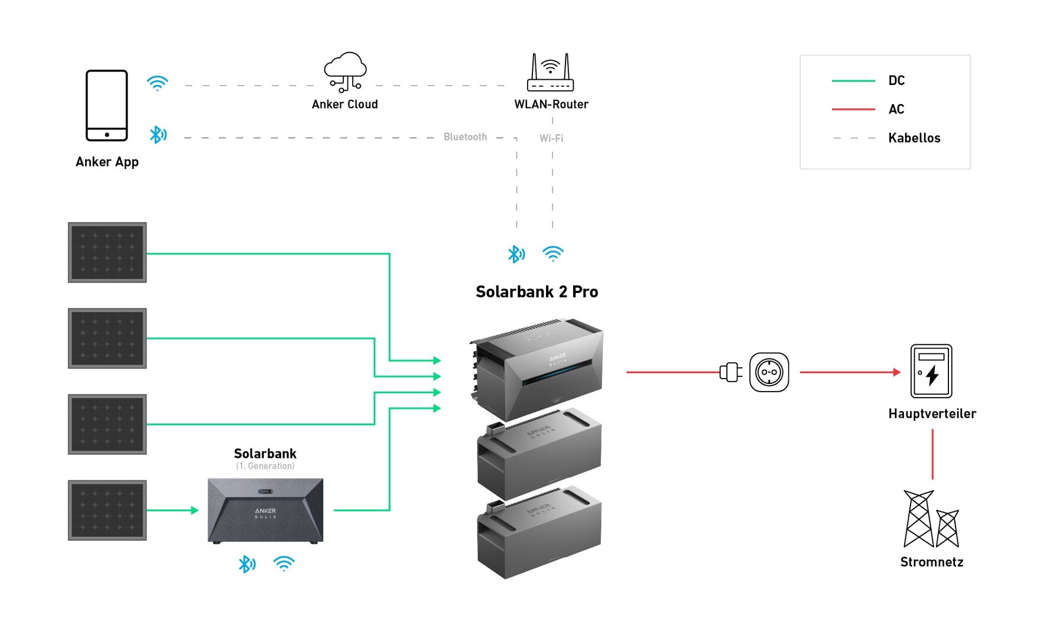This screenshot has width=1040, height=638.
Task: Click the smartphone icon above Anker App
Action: [x=107, y=106]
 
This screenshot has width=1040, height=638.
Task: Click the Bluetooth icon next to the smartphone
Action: [x=158, y=135]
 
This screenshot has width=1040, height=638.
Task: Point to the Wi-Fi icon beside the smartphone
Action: [x=158, y=83]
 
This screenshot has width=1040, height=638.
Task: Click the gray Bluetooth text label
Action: [x=465, y=137]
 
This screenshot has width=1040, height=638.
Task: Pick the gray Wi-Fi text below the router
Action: [x=551, y=138]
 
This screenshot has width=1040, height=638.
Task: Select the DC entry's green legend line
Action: [x=853, y=80]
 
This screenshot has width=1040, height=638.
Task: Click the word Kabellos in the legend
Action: [x=914, y=138]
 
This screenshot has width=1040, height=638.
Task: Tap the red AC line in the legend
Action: [x=853, y=109]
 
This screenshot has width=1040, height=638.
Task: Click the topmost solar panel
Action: [x=107, y=252]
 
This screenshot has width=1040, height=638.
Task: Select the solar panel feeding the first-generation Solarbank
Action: [x=107, y=510]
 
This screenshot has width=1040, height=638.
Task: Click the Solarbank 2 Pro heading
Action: [x=537, y=292]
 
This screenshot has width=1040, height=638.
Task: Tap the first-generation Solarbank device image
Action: [x=265, y=510]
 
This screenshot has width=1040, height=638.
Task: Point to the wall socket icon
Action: [x=769, y=372]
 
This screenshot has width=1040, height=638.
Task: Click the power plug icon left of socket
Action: [x=731, y=372]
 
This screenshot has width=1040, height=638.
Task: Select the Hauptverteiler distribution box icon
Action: [x=931, y=371]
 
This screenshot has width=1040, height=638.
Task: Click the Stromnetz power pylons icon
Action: [x=931, y=519]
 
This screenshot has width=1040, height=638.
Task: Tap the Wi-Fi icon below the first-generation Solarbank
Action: [x=284, y=564]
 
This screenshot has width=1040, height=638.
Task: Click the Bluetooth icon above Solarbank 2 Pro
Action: [x=516, y=254]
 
